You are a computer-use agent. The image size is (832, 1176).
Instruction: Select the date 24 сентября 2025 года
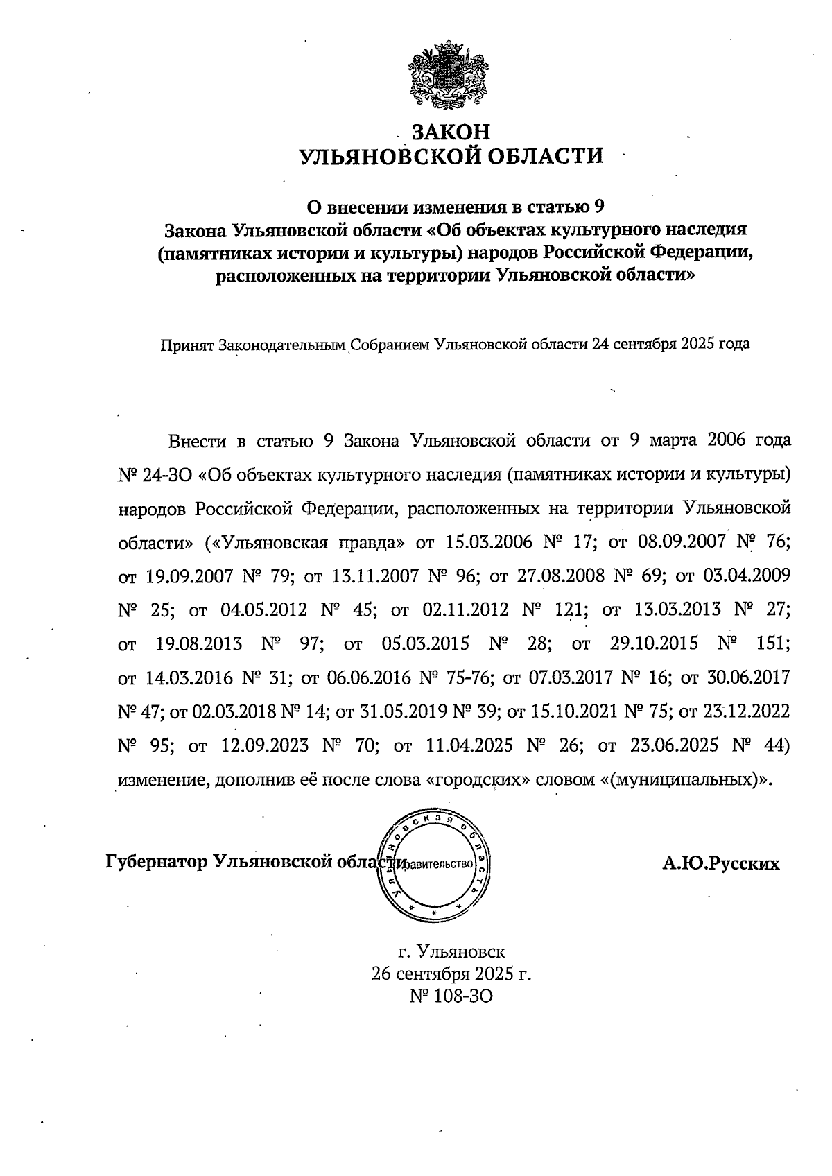[x=670, y=344]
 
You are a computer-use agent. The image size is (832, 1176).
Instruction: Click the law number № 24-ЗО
[x=157, y=475]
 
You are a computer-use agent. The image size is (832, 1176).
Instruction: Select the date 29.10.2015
[x=654, y=643]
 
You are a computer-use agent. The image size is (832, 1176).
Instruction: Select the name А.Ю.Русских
[x=720, y=864]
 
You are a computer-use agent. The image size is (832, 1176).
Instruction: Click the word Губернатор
[x=156, y=862]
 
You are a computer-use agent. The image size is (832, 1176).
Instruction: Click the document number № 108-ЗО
[x=451, y=996]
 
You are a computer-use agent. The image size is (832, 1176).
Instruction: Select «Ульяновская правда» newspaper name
[x=306, y=542]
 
